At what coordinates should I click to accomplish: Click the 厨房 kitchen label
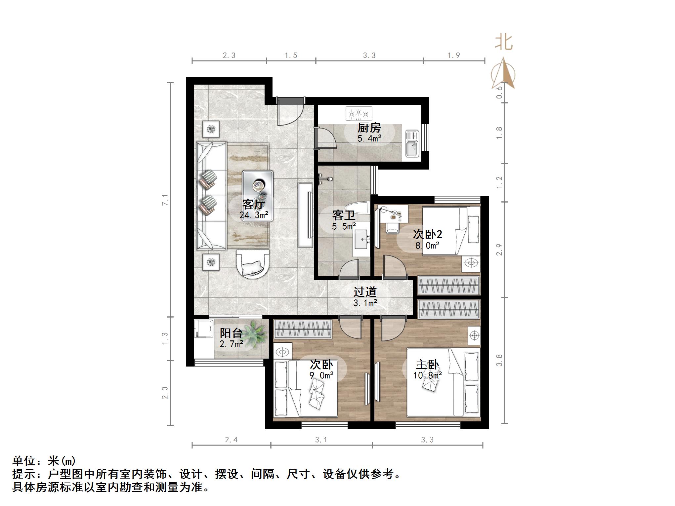pos(369,128)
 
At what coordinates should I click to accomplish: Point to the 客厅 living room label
pos(253,204)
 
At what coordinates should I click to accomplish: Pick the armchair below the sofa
pos(253,263)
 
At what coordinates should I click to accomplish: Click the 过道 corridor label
pos(365,292)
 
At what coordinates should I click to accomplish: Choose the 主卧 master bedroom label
pos(427,365)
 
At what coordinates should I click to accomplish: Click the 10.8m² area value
pos(427,375)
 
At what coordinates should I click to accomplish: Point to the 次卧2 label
pos(427,234)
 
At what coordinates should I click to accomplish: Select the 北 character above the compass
pos(504,43)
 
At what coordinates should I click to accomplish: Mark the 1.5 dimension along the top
pos(291,56)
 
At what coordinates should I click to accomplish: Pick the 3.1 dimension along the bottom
pos(321,440)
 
